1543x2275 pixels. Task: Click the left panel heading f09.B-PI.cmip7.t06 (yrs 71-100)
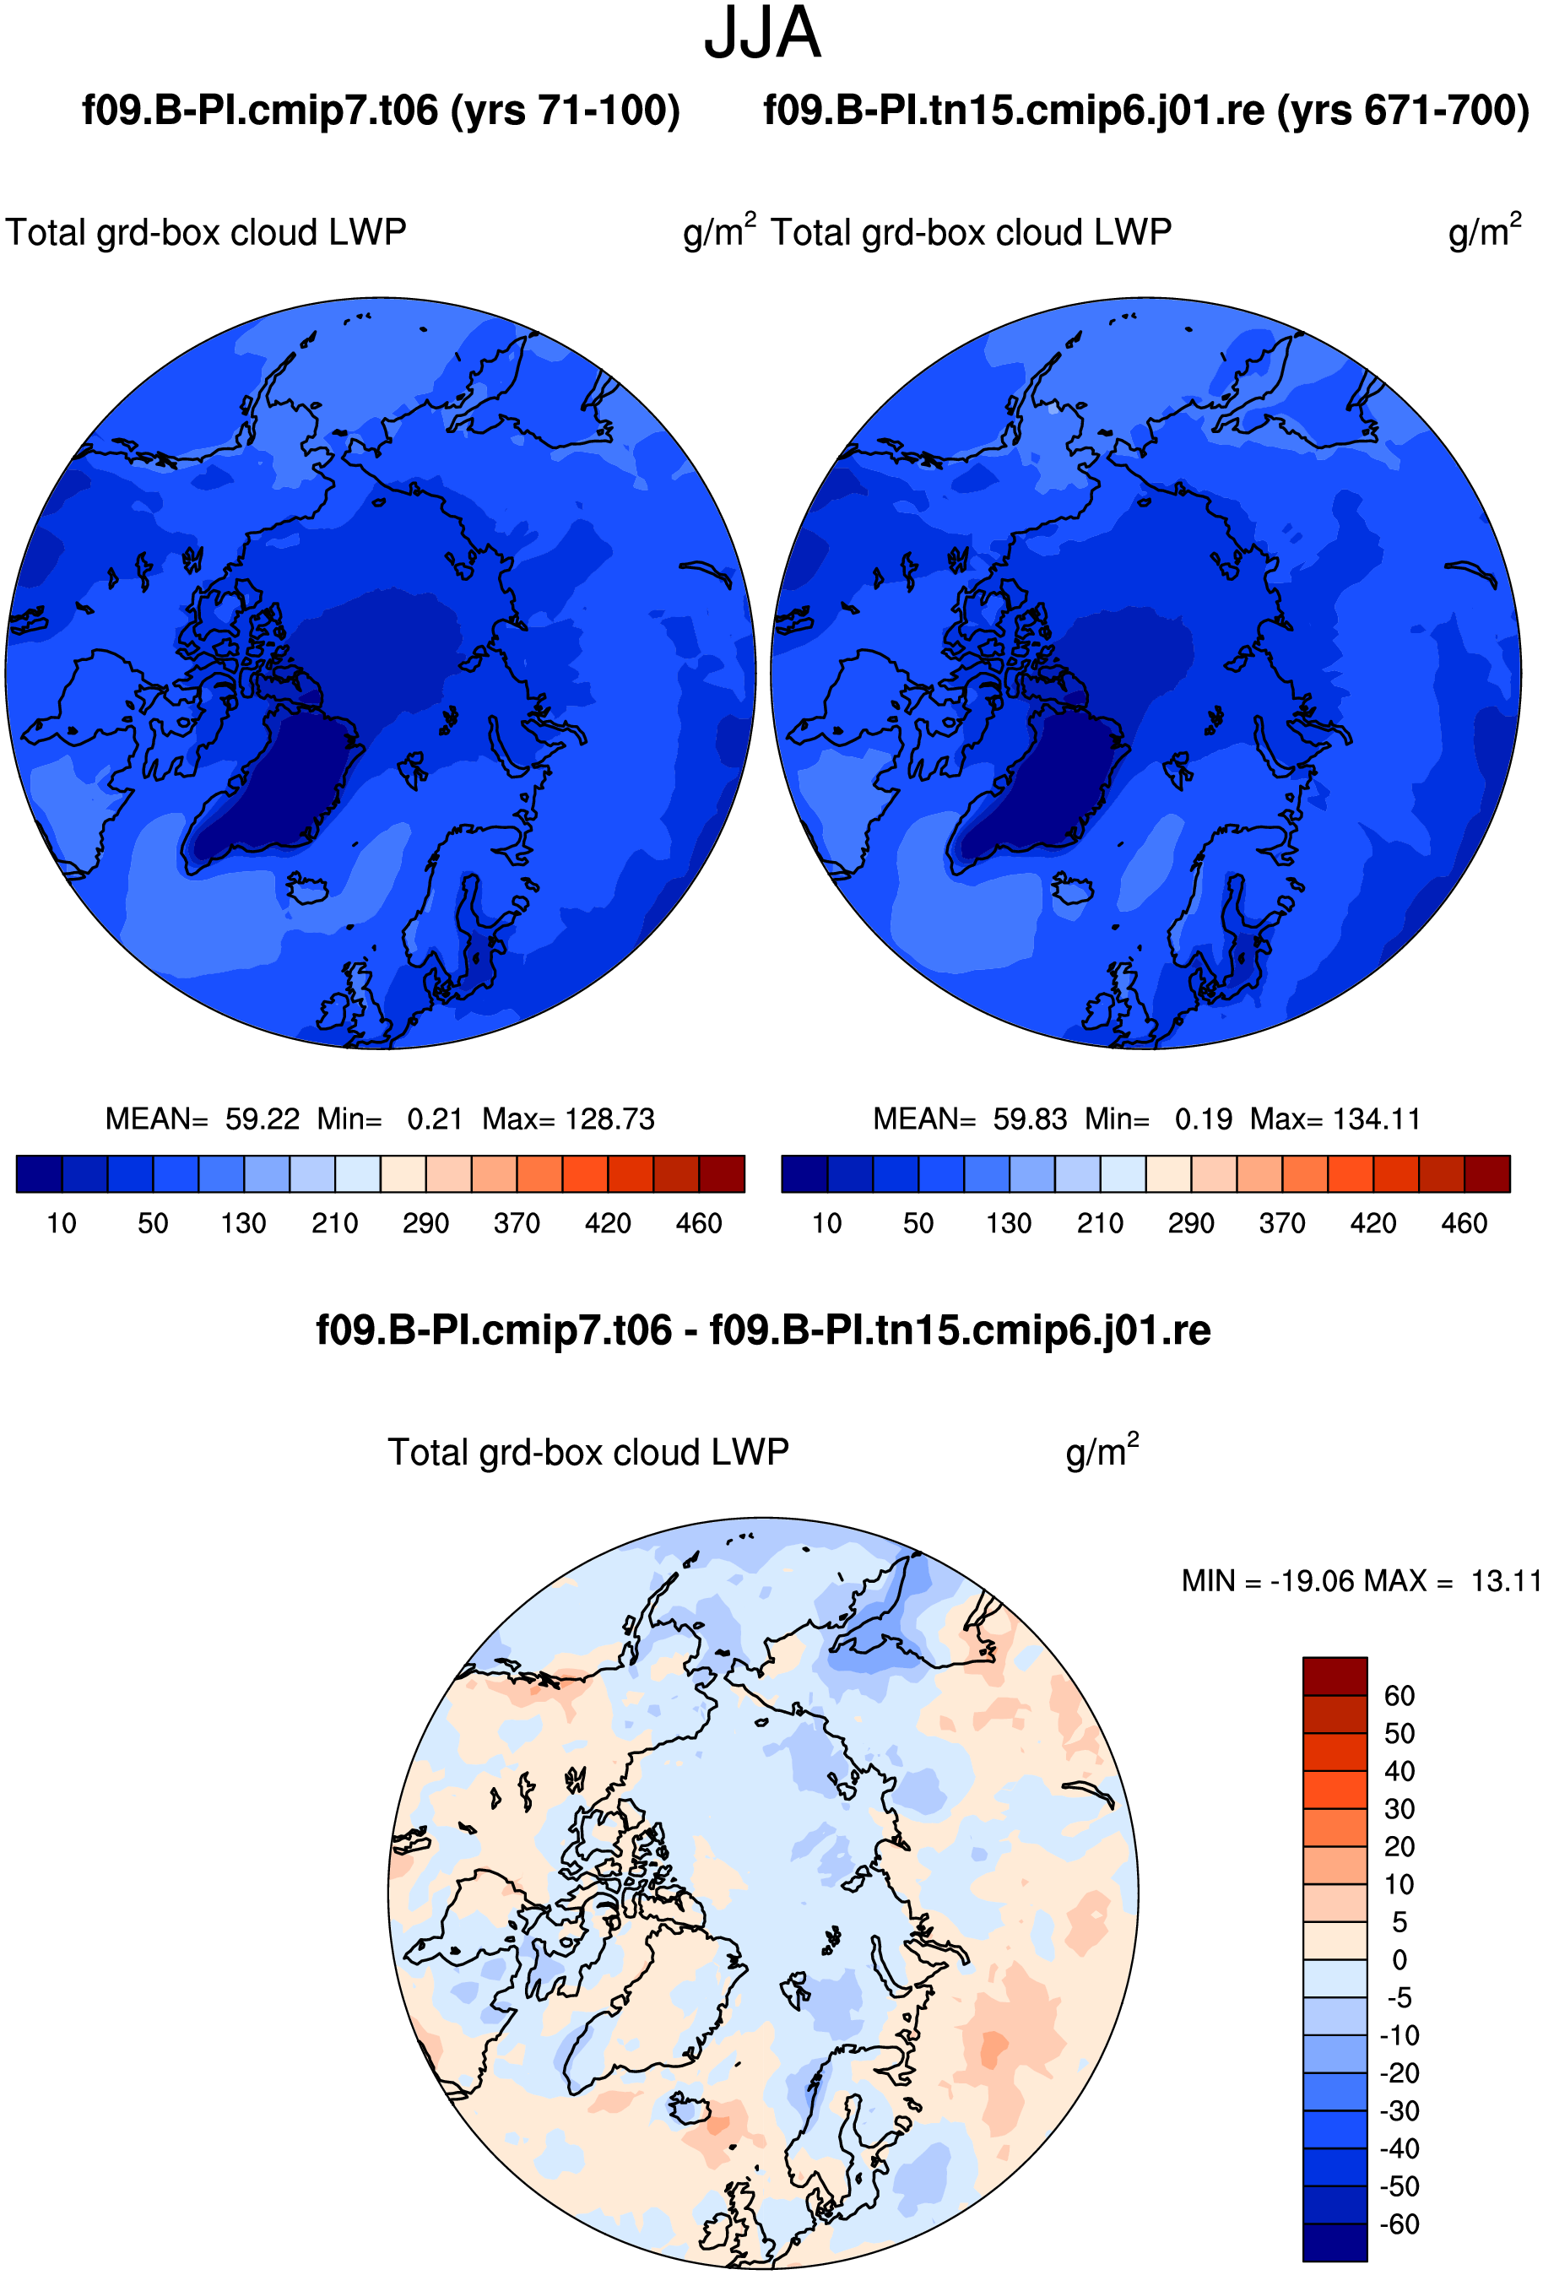(x=381, y=111)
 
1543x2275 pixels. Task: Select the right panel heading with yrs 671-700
(x=1146, y=111)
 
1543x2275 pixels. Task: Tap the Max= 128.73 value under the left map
(x=568, y=1119)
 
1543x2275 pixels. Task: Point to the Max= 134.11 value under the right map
(x=1335, y=1119)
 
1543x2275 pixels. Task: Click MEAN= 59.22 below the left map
(x=202, y=1119)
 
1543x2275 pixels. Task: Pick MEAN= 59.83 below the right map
(x=969, y=1119)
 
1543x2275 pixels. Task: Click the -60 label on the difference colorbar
(x=1399, y=2224)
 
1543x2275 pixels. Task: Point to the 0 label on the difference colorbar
(x=1400, y=1960)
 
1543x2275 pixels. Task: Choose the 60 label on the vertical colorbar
(x=1399, y=1695)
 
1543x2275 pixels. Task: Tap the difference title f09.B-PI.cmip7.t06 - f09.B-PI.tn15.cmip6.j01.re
(x=763, y=1330)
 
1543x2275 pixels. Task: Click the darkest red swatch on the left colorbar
(x=722, y=1173)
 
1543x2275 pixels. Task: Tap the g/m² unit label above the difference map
(x=1102, y=1451)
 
